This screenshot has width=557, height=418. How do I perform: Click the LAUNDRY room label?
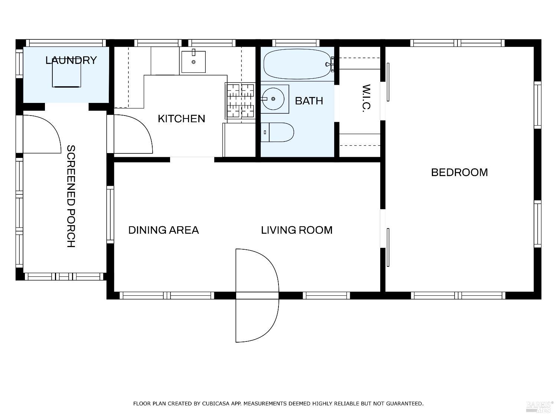click(71, 61)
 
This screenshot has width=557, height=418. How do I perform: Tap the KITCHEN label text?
click(182, 119)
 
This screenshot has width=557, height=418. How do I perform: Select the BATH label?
click(309, 101)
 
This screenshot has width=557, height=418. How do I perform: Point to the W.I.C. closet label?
click(366, 98)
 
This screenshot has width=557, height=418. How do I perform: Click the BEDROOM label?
click(459, 172)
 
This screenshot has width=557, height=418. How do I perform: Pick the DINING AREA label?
click(163, 230)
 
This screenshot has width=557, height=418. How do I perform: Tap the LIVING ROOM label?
click(297, 230)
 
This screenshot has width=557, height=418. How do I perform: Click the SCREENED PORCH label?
click(71, 196)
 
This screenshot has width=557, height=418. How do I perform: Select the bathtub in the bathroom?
click(298, 64)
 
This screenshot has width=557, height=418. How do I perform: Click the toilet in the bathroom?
click(277, 132)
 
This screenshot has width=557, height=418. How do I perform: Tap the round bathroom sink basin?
click(273, 99)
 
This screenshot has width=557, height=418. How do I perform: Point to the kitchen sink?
click(193, 62)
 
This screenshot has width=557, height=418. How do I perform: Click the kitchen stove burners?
click(240, 101)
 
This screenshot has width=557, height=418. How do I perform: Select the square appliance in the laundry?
click(66, 75)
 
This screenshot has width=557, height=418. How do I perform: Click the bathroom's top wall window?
click(296, 43)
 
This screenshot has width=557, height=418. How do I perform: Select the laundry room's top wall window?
click(66, 43)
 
